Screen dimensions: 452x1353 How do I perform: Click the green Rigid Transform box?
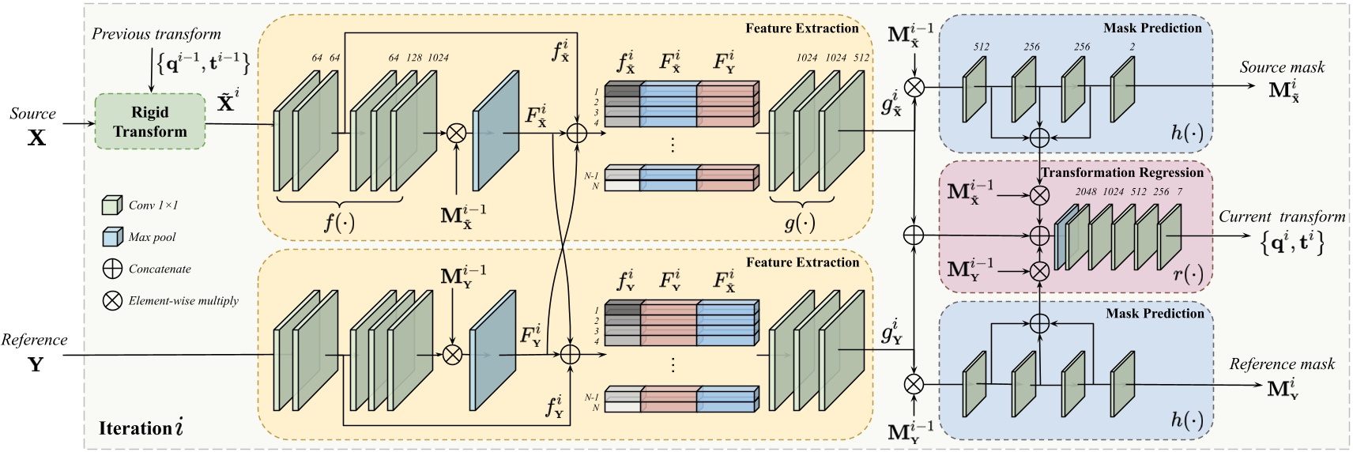[x=149, y=122]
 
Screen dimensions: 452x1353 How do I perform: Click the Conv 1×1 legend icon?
[x=112, y=205]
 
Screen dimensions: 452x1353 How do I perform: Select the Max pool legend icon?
[x=112, y=237]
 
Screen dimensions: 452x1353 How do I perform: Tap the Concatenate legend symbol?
[x=112, y=269]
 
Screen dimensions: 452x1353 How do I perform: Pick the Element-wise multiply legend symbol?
[x=112, y=300]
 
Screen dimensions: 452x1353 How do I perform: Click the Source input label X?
[x=36, y=137]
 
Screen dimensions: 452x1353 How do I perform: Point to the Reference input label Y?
[x=36, y=364]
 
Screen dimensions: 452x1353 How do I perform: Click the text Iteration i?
[x=141, y=428]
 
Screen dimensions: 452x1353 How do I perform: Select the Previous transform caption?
[x=156, y=34]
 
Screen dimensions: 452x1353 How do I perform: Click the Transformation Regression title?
[x=1121, y=172]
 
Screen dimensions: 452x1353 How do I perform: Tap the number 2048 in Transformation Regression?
[x=1086, y=192]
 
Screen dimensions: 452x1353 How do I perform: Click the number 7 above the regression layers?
[x=1180, y=192]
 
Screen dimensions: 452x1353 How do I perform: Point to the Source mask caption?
[x=1282, y=67]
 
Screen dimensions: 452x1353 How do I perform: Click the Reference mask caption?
[x=1281, y=364]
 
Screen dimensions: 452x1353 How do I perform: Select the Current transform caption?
[x=1281, y=217]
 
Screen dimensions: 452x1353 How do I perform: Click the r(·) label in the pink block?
[x=1188, y=274]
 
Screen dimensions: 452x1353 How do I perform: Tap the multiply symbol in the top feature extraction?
[x=456, y=134]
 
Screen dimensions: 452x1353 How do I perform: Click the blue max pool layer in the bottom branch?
[x=492, y=355]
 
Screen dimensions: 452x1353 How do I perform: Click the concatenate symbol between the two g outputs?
[x=914, y=235]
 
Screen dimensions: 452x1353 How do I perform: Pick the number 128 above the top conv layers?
[x=414, y=58]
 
